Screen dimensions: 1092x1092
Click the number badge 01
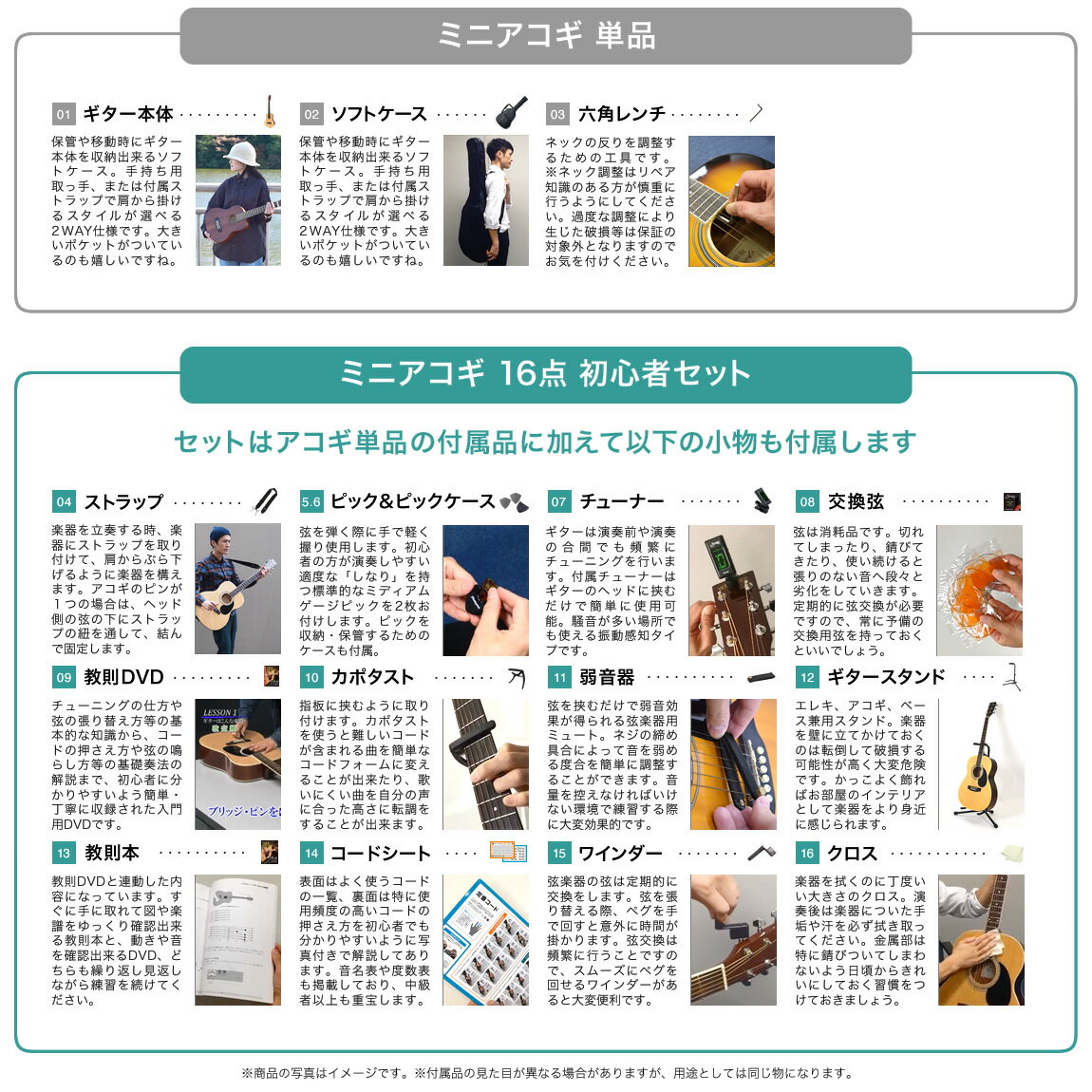tap(64, 114)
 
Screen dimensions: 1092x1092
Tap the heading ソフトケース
tap(379, 114)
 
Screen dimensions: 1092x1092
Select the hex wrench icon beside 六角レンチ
tap(756, 113)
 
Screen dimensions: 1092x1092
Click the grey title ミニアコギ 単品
tap(546, 35)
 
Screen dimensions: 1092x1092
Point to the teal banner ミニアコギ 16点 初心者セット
tap(546, 375)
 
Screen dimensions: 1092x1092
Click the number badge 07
tap(558, 501)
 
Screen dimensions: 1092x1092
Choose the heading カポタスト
tap(372, 677)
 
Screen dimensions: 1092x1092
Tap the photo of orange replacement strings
tap(979, 591)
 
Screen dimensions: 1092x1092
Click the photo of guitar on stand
tap(981, 764)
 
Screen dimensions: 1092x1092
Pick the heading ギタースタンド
tap(886, 677)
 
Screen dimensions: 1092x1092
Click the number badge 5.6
tap(311, 501)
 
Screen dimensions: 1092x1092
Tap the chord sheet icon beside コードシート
tap(508, 852)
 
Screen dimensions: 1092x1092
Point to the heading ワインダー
tap(620, 853)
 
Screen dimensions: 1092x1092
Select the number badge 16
tap(807, 853)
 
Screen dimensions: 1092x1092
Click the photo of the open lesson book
tap(237, 940)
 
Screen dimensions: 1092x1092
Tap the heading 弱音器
tap(608, 677)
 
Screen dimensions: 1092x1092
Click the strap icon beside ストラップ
tap(266, 500)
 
